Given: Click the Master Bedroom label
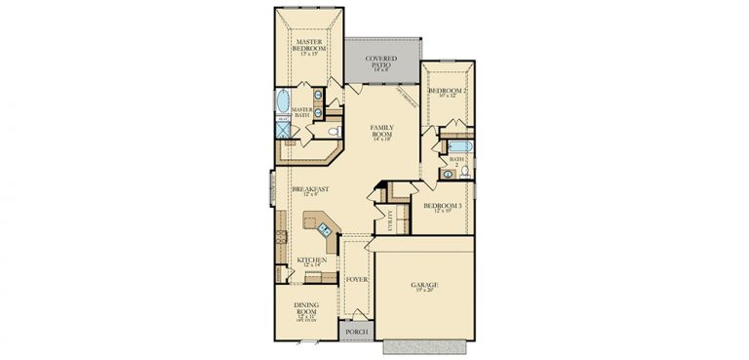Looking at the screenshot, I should [x=310, y=43].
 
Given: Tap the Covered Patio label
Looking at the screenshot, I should [x=381, y=61].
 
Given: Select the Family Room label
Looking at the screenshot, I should [x=381, y=129].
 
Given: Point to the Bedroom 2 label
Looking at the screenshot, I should [x=448, y=90].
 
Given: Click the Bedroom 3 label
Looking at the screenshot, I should [x=442, y=206].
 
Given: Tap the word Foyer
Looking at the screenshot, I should [x=357, y=280].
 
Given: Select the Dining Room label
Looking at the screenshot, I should [x=307, y=306].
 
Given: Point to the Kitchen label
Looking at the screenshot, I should [x=312, y=260].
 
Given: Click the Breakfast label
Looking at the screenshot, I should [x=309, y=188].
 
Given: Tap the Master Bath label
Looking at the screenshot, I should [x=301, y=112].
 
